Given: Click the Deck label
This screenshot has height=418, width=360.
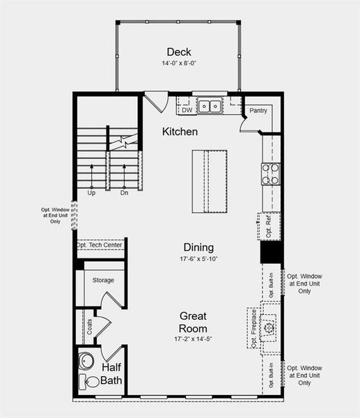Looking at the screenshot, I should (x=179, y=52).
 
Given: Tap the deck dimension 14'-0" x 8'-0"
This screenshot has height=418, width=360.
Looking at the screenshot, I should (x=179, y=64).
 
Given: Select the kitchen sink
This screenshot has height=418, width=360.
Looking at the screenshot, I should (x=209, y=107).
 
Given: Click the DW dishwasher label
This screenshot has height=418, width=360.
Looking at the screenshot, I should (x=187, y=109).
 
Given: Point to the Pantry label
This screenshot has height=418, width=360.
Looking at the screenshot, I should (x=258, y=110).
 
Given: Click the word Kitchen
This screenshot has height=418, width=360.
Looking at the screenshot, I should (x=180, y=131).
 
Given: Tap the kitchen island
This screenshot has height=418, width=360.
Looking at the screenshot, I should (x=210, y=181).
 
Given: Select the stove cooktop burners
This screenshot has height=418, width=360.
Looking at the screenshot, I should (x=270, y=173).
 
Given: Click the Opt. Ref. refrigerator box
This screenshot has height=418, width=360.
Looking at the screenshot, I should (x=269, y=226).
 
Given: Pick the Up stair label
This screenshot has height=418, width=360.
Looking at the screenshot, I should (x=91, y=193).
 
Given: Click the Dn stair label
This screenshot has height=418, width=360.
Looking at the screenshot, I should (x=124, y=193).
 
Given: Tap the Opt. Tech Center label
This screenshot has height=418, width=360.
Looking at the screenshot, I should (x=100, y=245).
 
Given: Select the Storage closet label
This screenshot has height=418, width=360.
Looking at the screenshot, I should (x=103, y=280).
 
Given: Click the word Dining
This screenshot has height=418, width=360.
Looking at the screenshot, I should (x=198, y=247).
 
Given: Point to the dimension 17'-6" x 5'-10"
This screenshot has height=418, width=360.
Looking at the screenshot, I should (x=198, y=259).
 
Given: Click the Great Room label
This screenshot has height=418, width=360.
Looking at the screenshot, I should (x=192, y=322).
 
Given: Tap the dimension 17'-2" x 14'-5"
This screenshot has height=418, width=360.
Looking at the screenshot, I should (x=192, y=339).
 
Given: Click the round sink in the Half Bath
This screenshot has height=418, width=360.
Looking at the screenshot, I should (x=86, y=361).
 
